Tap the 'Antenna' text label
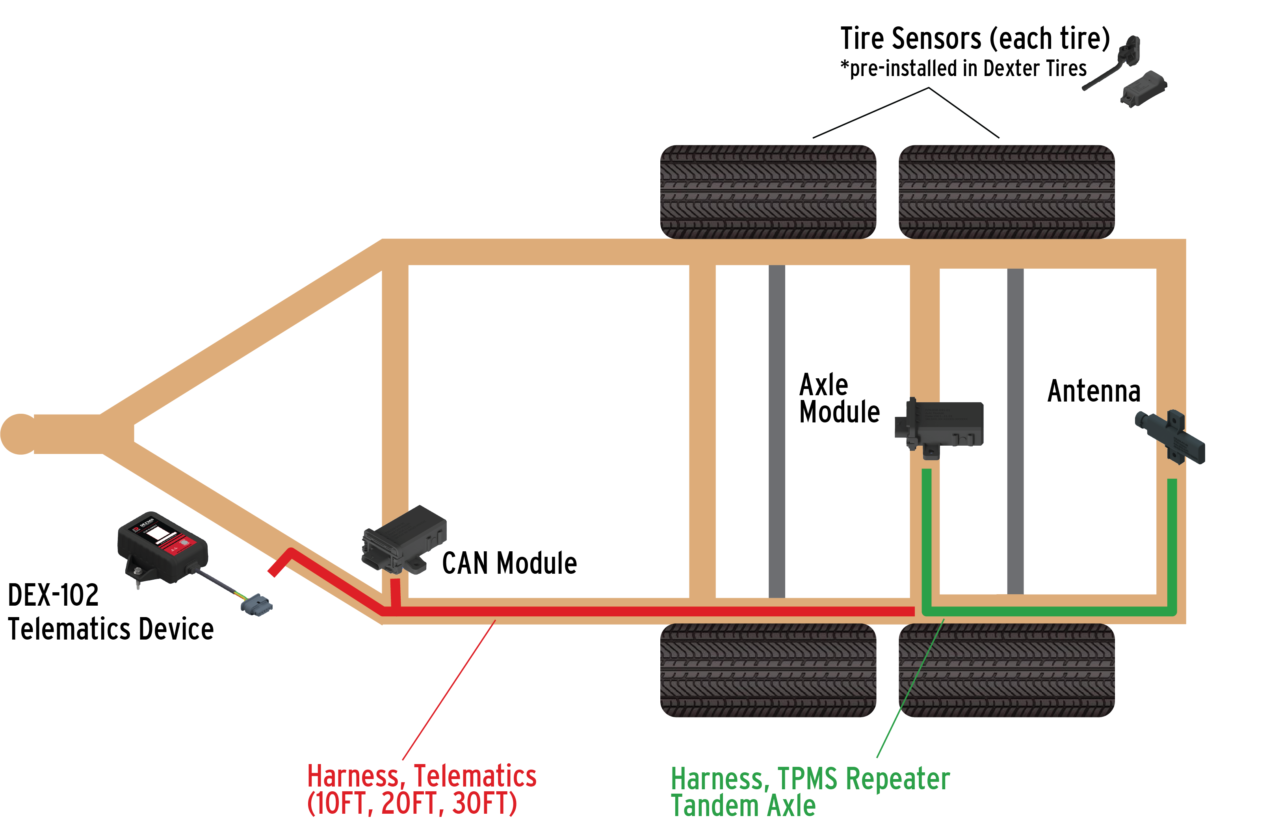click(1094, 392)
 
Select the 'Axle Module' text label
click(839, 399)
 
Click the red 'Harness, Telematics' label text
click(421, 776)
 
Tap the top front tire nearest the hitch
click(768, 192)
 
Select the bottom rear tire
click(1006, 671)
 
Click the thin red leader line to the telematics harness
click(449, 690)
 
